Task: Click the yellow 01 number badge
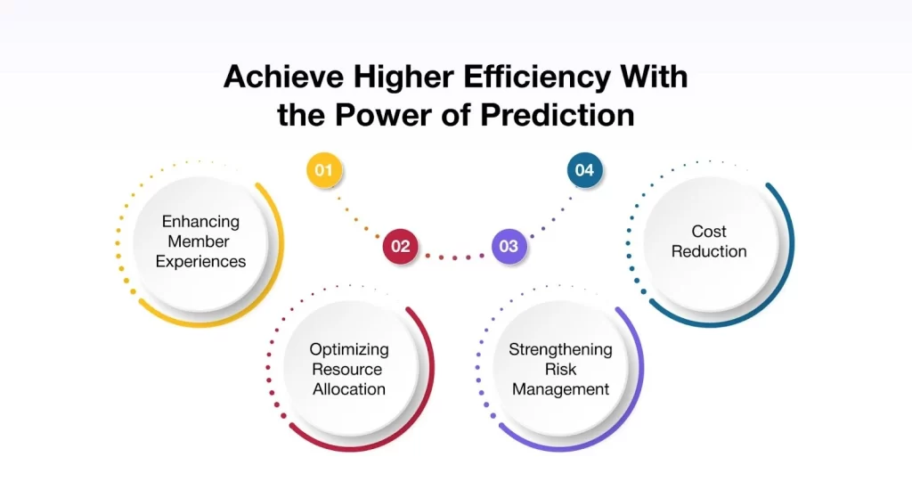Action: point(323,170)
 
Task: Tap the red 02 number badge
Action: point(400,246)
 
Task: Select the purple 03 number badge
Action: point(509,246)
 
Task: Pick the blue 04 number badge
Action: point(584,170)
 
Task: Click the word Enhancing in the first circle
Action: point(200,222)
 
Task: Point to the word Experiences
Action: point(200,261)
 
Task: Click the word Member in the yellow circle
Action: point(200,241)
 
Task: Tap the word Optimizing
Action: point(349,349)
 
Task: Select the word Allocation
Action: point(349,388)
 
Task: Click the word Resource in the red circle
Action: point(349,369)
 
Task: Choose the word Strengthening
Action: point(560,349)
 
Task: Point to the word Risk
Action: point(560,369)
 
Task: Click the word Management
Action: point(560,388)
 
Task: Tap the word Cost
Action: point(710,232)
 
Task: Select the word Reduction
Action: point(710,251)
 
